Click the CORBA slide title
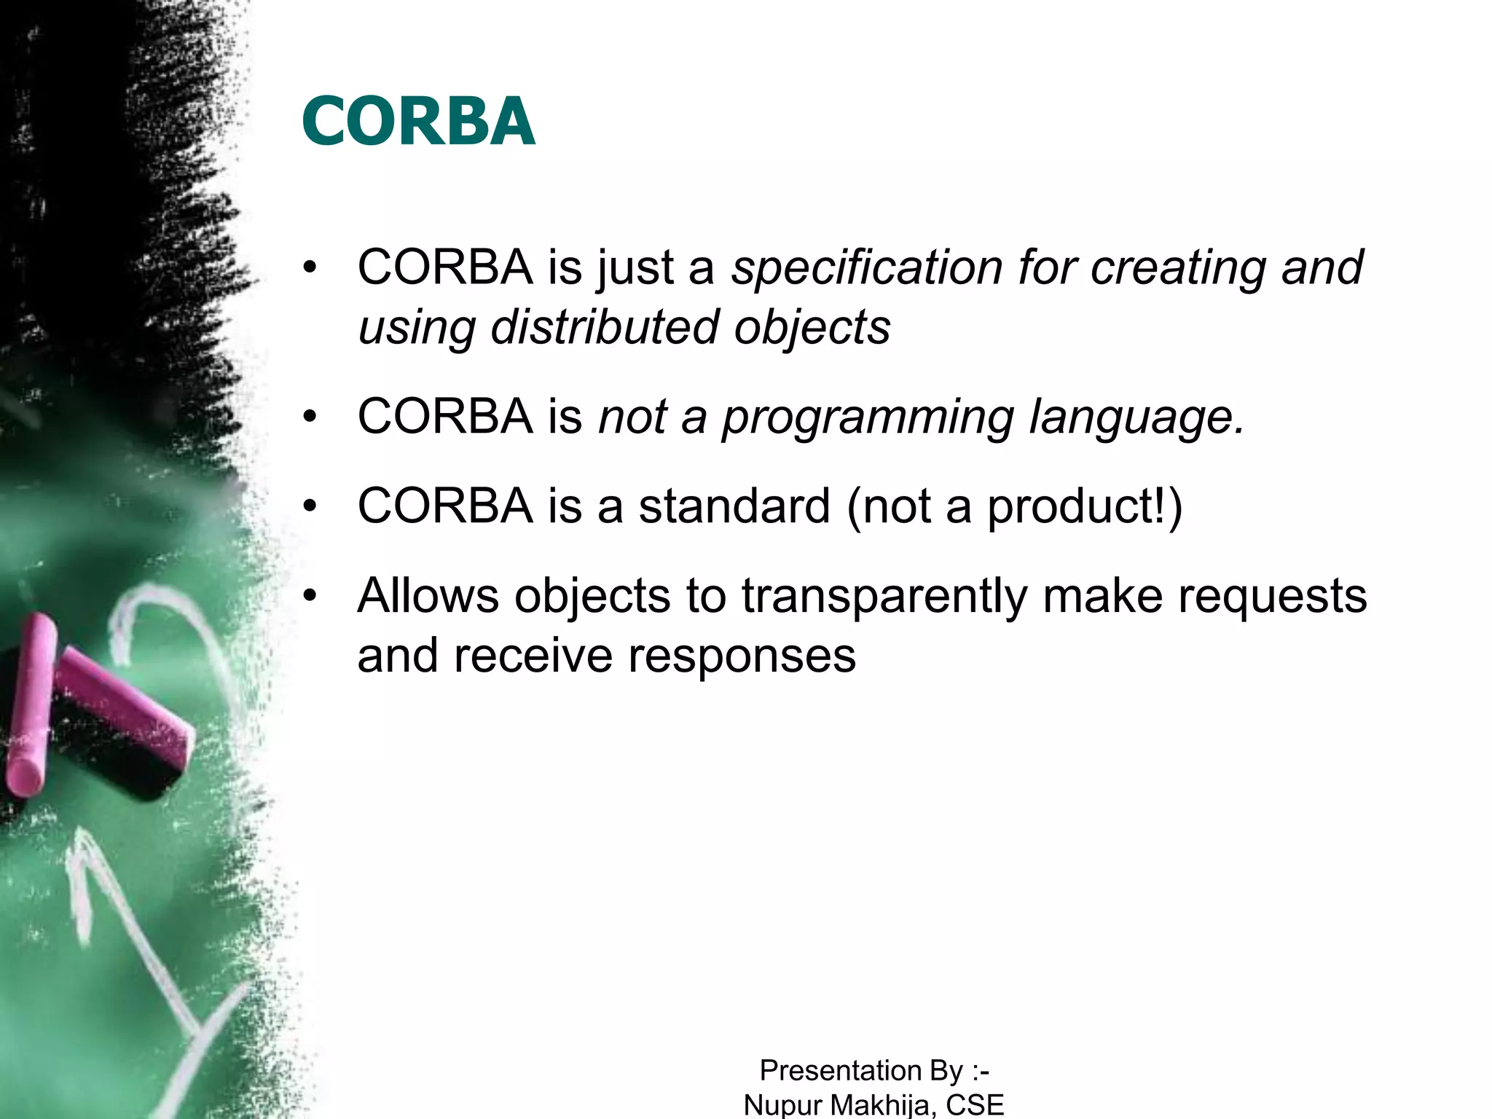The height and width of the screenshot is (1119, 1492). tap(418, 121)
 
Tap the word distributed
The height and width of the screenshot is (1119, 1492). tap(604, 327)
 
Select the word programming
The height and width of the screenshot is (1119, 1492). tap(868, 417)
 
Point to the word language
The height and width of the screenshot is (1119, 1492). tap(1136, 417)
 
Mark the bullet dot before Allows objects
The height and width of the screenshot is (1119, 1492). tap(310, 596)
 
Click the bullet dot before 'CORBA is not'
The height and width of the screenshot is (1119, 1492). tap(310, 417)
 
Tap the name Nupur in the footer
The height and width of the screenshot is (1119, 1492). tap(782, 1105)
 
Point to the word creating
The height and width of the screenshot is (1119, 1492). tap(1177, 267)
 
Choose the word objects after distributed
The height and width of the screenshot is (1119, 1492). tap(812, 327)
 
